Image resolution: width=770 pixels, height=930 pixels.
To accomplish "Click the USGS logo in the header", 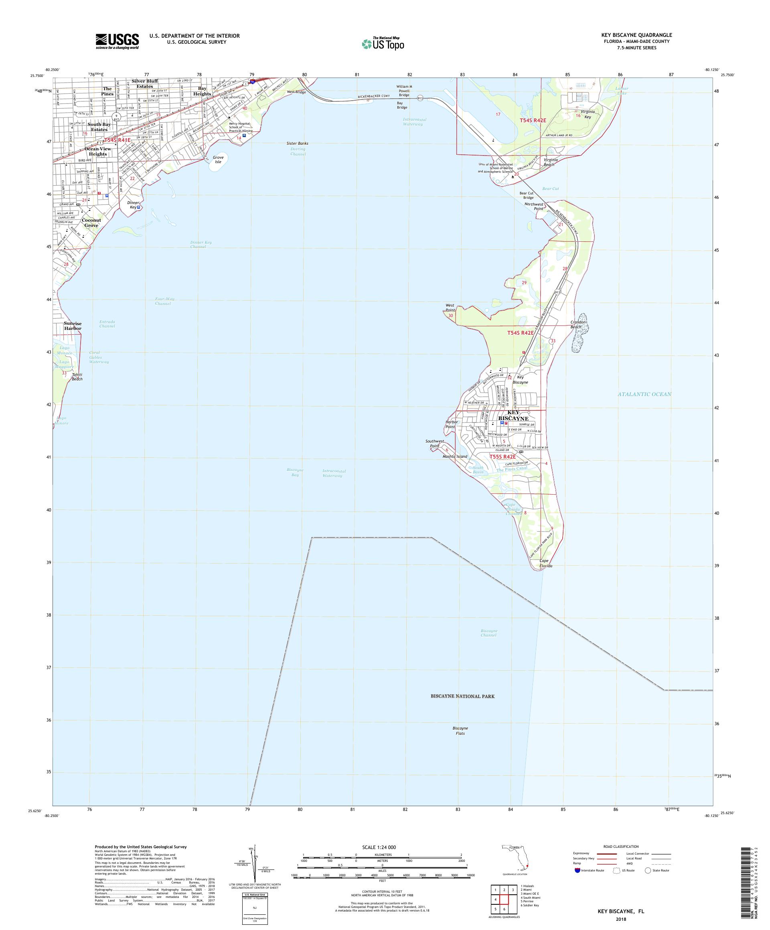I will coord(118,41).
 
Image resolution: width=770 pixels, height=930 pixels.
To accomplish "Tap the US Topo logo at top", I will coord(383,43).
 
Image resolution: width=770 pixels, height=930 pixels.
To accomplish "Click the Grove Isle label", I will coord(218,160).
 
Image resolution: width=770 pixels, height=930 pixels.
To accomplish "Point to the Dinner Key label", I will coord(133,204).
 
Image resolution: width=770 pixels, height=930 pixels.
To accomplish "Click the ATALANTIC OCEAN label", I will coord(644,394).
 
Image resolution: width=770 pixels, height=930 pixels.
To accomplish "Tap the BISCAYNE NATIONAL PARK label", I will coord(462,696).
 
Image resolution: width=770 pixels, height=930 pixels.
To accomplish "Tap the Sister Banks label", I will coord(297,144).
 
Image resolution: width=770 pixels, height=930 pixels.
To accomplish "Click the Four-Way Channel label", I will coord(164,301).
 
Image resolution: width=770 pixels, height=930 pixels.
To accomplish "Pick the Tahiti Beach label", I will coord(77,377).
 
